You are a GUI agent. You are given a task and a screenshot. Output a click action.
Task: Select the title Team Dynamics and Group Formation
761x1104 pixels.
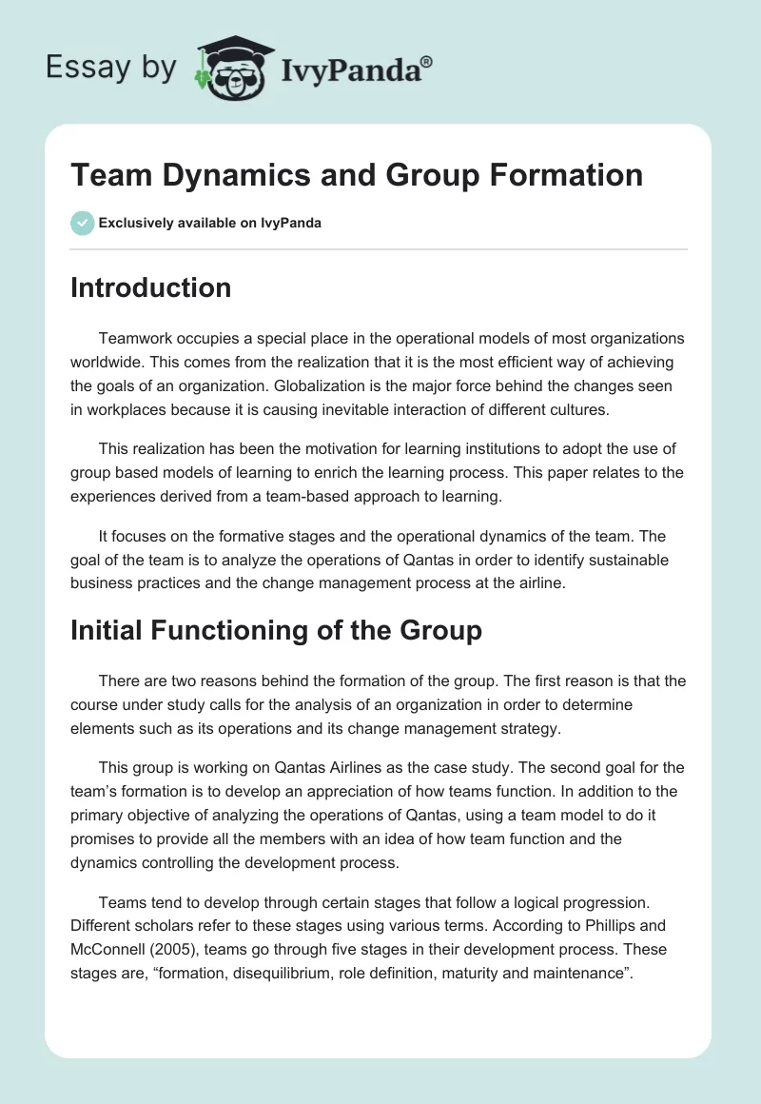[357, 175]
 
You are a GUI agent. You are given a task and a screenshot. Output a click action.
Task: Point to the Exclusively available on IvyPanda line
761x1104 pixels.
[210, 224]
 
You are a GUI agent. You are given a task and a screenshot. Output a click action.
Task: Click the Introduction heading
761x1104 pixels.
[150, 287]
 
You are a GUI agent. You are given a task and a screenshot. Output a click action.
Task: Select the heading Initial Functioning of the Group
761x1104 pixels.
[276, 629]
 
